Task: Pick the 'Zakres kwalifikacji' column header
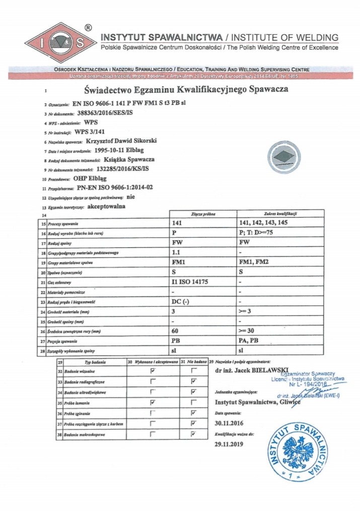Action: point(275,214)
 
